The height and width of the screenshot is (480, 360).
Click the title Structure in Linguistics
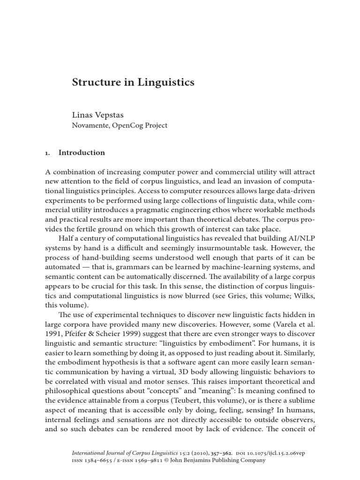[x=133, y=82]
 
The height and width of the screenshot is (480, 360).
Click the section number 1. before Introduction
[x=47, y=153]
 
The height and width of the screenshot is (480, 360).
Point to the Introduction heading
[x=82, y=153]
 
